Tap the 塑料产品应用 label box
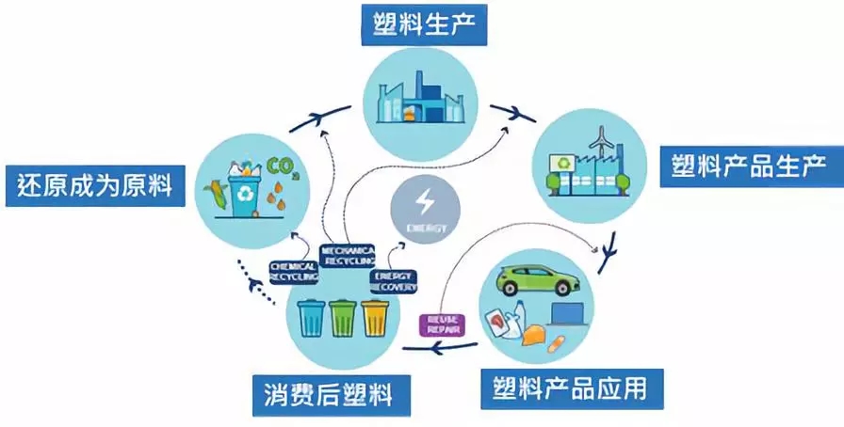[573, 387]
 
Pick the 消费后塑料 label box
[333, 396]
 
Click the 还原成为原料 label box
[93, 183]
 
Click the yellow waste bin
[375, 317]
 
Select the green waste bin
[342, 317]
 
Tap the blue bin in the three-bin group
[311, 317]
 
